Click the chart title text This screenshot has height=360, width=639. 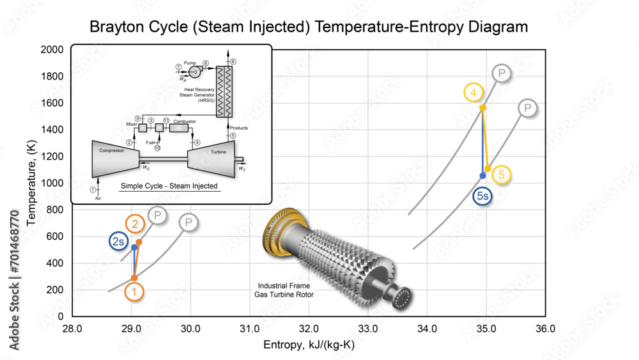click(309, 27)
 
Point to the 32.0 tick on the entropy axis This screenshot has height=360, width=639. click(309, 329)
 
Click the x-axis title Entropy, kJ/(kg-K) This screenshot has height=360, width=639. click(309, 345)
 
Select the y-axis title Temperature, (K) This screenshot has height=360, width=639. click(32, 183)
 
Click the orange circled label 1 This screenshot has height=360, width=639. click(134, 292)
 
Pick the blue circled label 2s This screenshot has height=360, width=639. click(118, 241)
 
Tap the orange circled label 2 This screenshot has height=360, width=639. click(135, 224)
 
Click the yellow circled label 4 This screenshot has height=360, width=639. click(473, 93)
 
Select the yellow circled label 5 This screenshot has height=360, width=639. click(502, 174)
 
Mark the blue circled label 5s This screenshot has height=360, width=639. click(482, 196)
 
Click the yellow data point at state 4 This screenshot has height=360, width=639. click(483, 107)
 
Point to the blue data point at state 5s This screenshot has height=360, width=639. click(482, 175)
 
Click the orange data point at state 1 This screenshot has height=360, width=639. click(134, 278)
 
